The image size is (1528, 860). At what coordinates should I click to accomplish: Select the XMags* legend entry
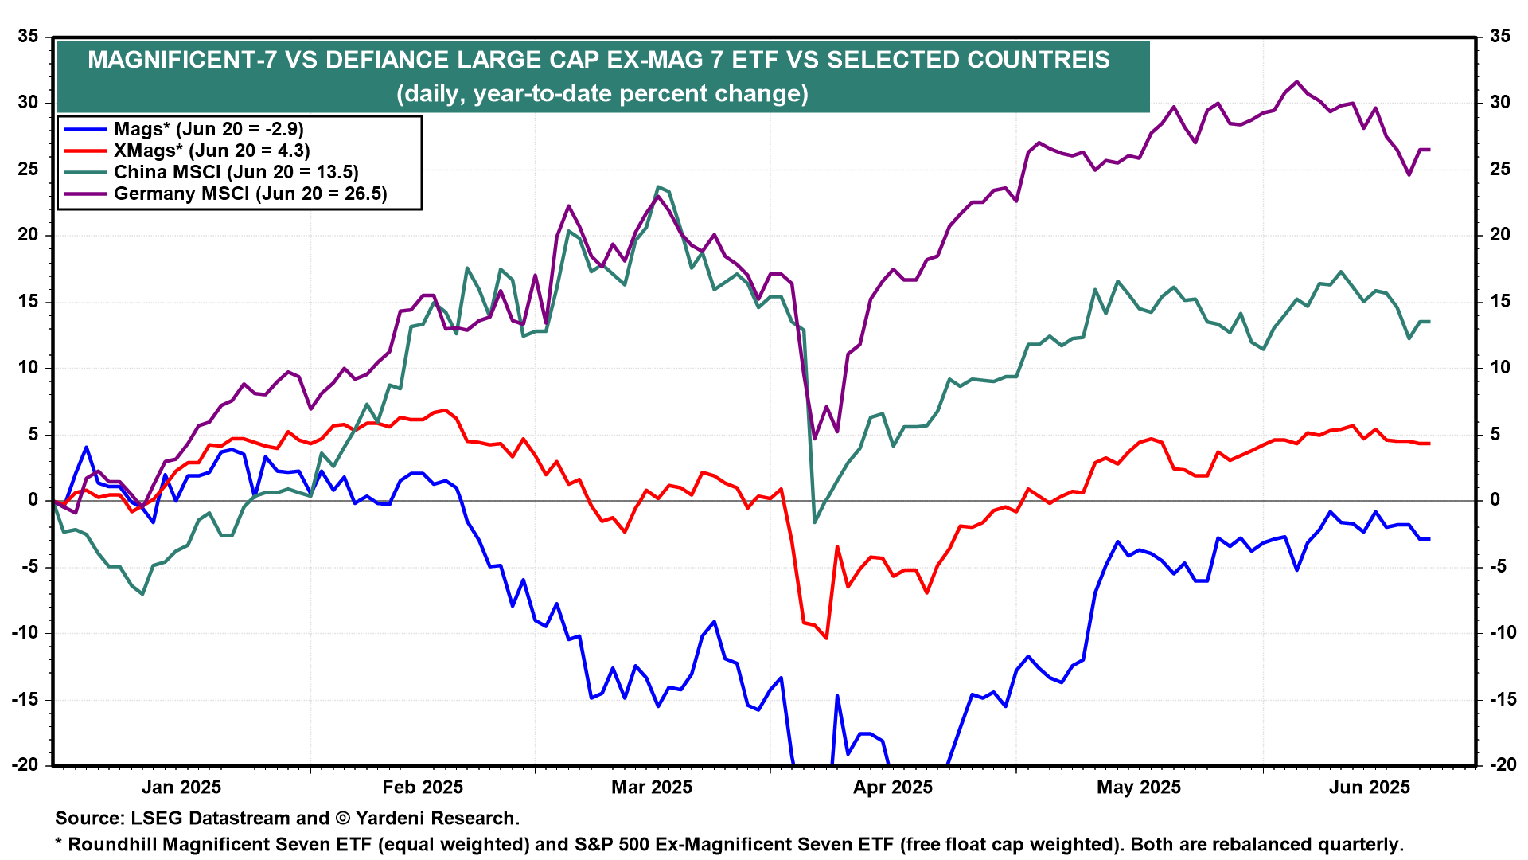212,150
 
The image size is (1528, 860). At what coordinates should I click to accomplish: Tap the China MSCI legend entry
236,172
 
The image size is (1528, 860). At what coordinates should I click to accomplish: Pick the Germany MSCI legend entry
250,193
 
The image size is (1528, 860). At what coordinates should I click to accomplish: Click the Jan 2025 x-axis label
181,788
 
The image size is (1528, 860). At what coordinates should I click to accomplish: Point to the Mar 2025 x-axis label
652,788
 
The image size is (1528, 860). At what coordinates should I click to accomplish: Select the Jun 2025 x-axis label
1370,788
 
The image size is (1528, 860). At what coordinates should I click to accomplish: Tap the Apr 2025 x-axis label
893,788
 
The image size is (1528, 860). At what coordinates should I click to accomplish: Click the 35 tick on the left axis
28,37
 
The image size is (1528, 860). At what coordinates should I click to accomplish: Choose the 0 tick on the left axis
33,500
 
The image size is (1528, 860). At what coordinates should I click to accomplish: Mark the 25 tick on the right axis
1500,169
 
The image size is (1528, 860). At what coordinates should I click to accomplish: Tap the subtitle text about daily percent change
602,94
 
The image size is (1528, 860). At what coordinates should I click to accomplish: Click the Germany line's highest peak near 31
1297,82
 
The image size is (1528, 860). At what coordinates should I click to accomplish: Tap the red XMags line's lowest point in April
827,638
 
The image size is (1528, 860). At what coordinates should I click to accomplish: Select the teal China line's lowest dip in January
142,594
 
